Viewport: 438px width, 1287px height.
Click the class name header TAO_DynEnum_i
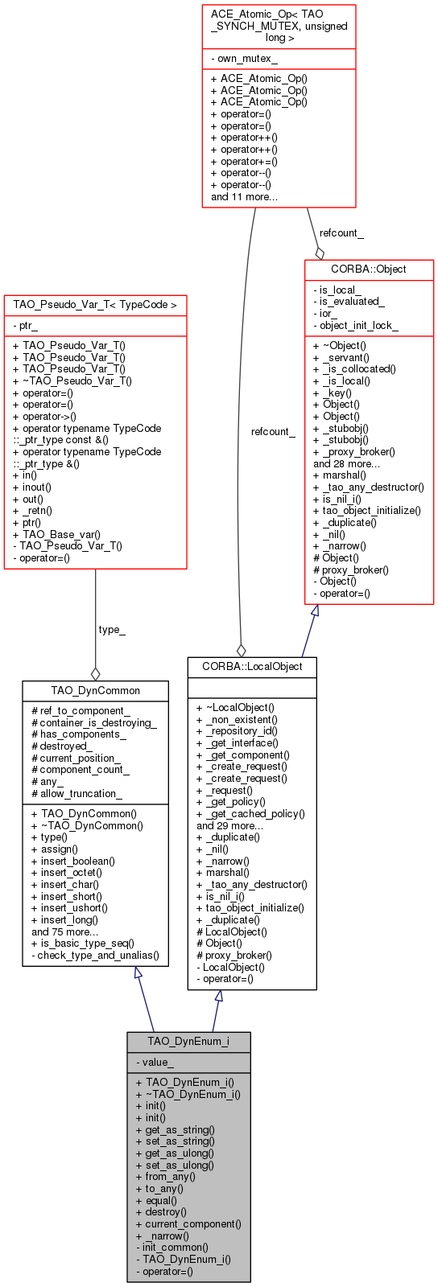(188, 1042)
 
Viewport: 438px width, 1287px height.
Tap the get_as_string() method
(180, 1129)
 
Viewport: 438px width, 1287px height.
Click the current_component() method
(193, 1224)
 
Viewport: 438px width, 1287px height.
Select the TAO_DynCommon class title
(95, 690)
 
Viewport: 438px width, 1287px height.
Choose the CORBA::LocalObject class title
(252, 666)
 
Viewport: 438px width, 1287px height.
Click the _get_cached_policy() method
(250, 813)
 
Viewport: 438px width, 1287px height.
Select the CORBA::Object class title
(369, 269)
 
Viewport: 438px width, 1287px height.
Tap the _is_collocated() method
(356, 369)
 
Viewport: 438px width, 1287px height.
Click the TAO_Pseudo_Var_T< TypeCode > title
(95, 305)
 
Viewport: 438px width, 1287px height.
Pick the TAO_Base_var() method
(56, 534)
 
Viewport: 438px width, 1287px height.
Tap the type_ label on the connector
(112, 630)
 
